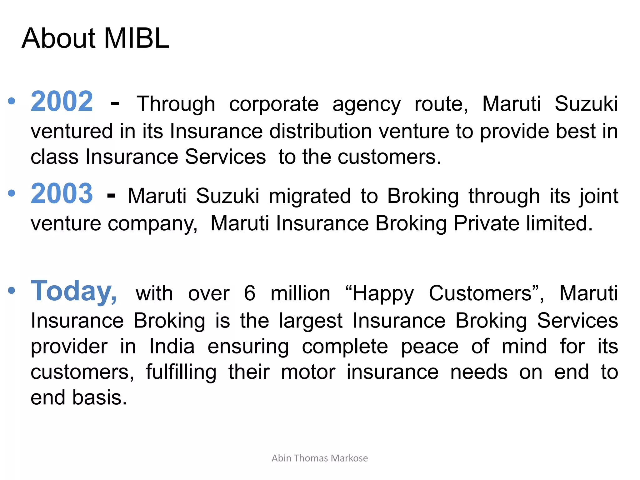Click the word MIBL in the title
click(x=136, y=38)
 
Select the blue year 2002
click(x=62, y=101)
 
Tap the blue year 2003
click(x=62, y=193)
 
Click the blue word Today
click(x=74, y=291)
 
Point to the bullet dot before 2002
click(x=12, y=101)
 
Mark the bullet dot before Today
click(x=12, y=290)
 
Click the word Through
click(x=176, y=104)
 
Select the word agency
click(x=366, y=104)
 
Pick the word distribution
click(x=321, y=131)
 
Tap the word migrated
click(x=310, y=196)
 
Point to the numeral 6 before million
click(x=249, y=293)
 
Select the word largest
click(x=311, y=321)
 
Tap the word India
click(x=172, y=347)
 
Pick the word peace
click(x=430, y=347)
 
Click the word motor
click(x=308, y=372)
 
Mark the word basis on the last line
click(x=100, y=398)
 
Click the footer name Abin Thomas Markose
click(x=320, y=458)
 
